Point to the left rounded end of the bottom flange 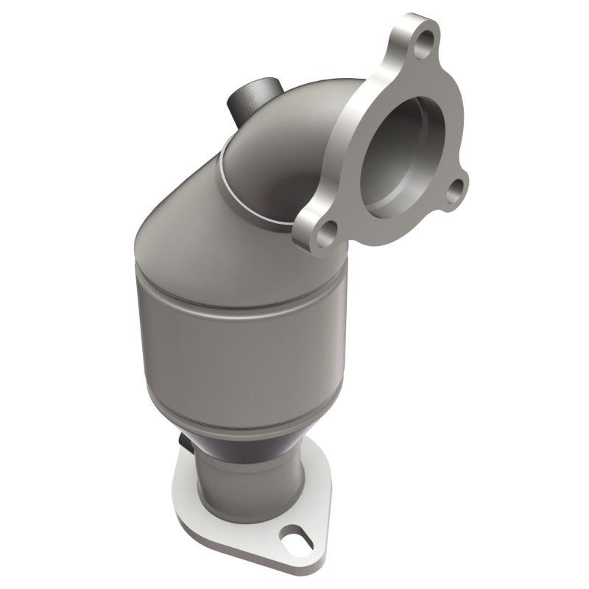tap(184, 479)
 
